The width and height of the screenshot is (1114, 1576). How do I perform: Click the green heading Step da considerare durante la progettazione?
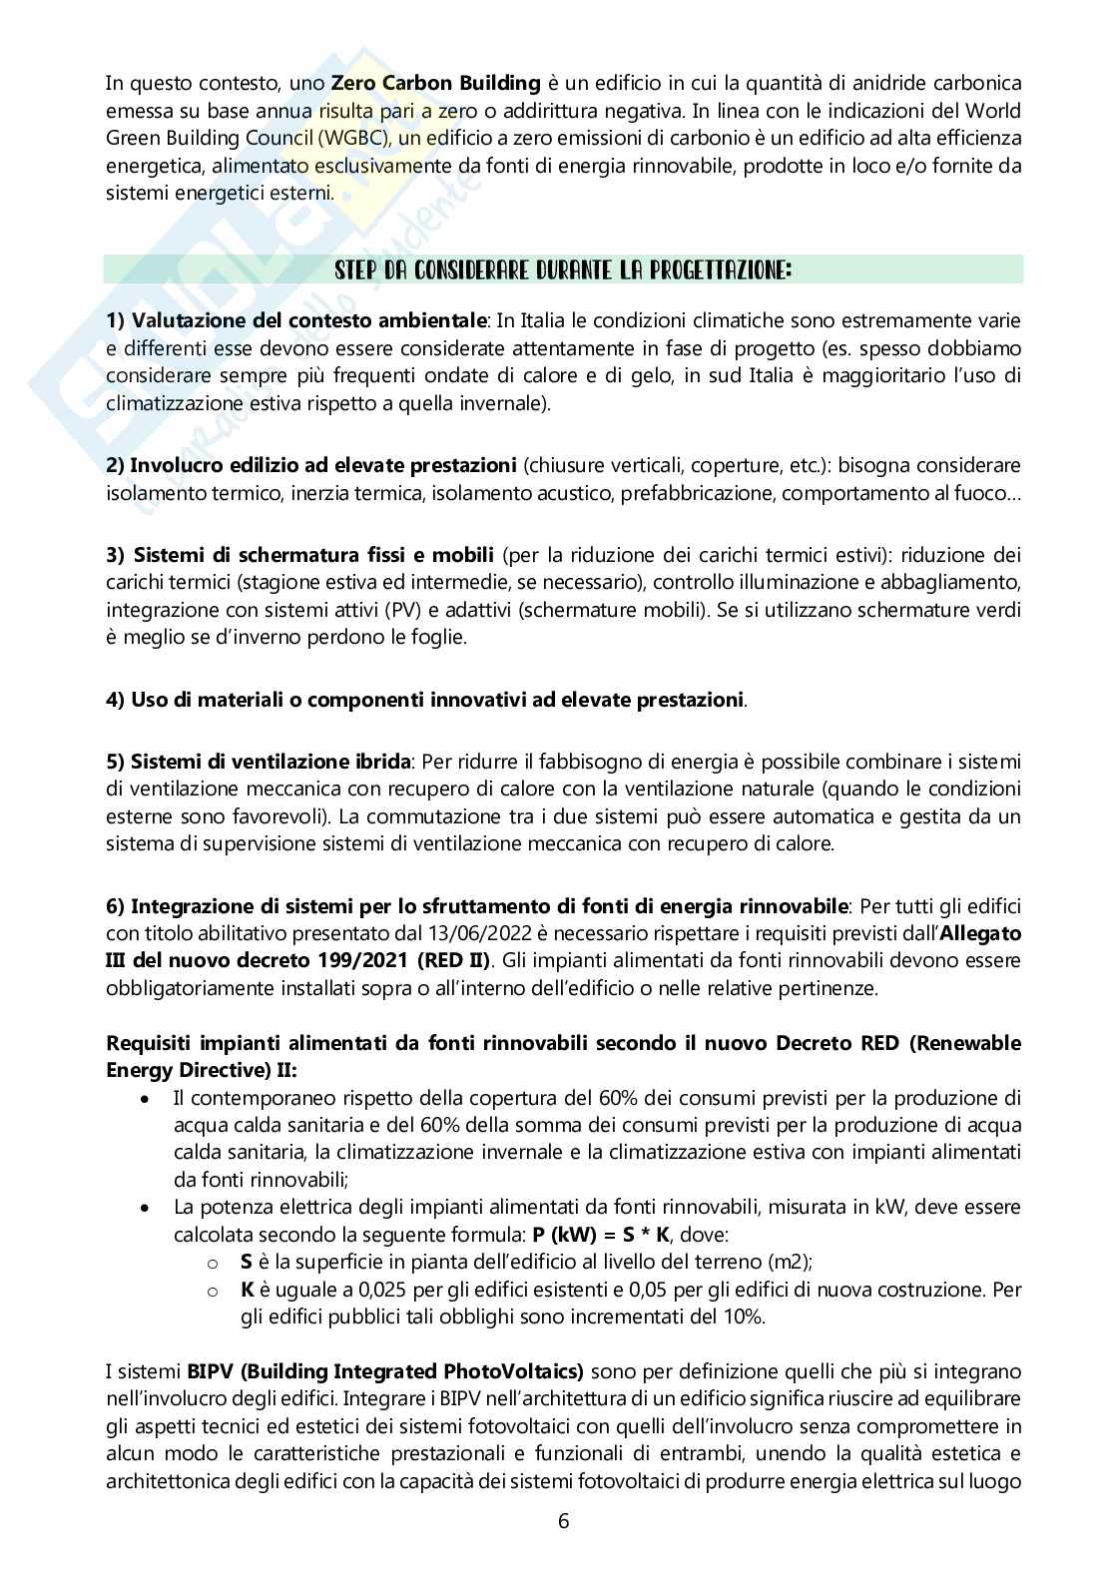pyautogui.click(x=564, y=270)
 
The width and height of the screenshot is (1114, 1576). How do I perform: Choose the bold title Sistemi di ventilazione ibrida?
pyautogui.click(x=258, y=762)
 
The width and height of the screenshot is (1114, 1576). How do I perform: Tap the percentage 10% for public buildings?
pyautogui.click(x=742, y=1316)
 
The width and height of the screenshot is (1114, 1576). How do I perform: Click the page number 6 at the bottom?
pyautogui.click(x=564, y=1521)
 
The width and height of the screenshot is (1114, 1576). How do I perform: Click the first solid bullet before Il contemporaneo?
pyautogui.click(x=147, y=1099)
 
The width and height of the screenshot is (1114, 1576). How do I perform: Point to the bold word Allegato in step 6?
pyautogui.click(x=983, y=934)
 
